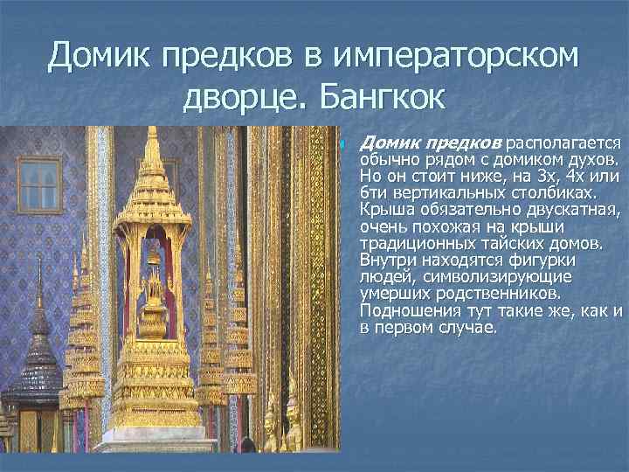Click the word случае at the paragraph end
pos(468,328)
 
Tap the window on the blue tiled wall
pos(40,197)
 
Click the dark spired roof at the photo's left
pos(38,350)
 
